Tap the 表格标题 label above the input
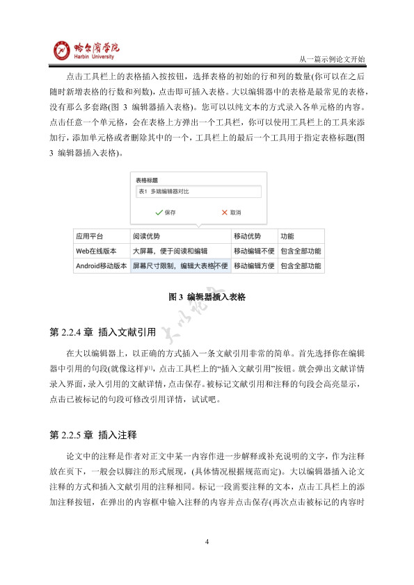point(147,179)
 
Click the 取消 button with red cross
point(231,212)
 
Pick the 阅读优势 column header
point(146,236)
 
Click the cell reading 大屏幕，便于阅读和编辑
point(170,250)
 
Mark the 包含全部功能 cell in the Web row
point(300,250)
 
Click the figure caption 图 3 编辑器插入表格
point(207,297)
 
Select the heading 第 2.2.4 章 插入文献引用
point(97,332)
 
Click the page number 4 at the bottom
point(207,541)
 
